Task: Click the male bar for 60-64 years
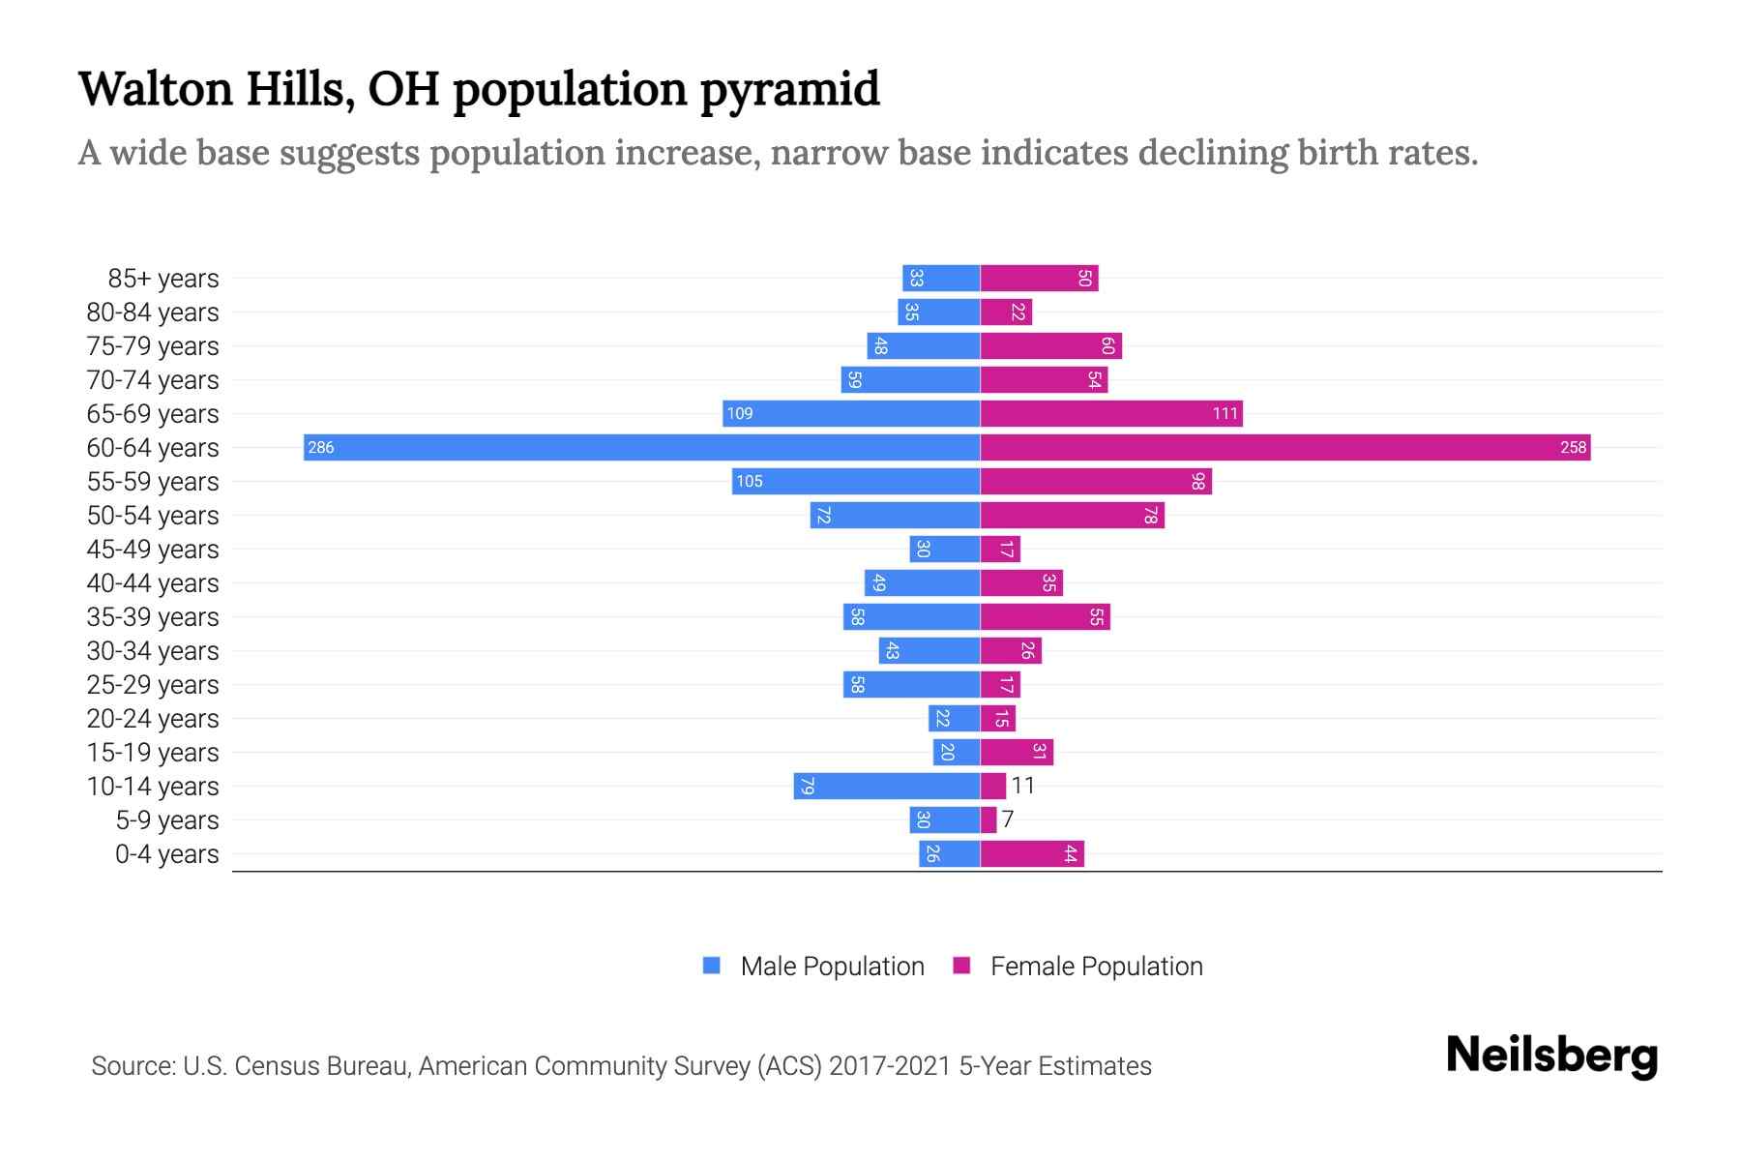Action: [x=641, y=447]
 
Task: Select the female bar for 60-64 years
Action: [x=1284, y=447]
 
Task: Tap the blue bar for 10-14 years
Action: [x=887, y=786]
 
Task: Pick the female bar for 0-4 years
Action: [x=1032, y=853]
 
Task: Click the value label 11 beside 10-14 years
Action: [x=1023, y=786]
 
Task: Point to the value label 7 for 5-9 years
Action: [x=1008, y=819]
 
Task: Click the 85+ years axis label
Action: [x=163, y=279]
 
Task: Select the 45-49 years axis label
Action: [x=153, y=550]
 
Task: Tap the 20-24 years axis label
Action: [x=153, y=719]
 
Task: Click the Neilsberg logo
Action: [x=1551, y=1056]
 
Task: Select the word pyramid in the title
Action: [x=789, y=90]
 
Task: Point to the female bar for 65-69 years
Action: [x=1111, y=413]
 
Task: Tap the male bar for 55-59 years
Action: [x=856, y=481]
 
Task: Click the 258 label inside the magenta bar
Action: [x=1573, y=447]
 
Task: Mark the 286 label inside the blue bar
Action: [x=321, y=447]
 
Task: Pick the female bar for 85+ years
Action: [x=1039, y=279]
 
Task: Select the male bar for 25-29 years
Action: [x=911, y=685]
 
